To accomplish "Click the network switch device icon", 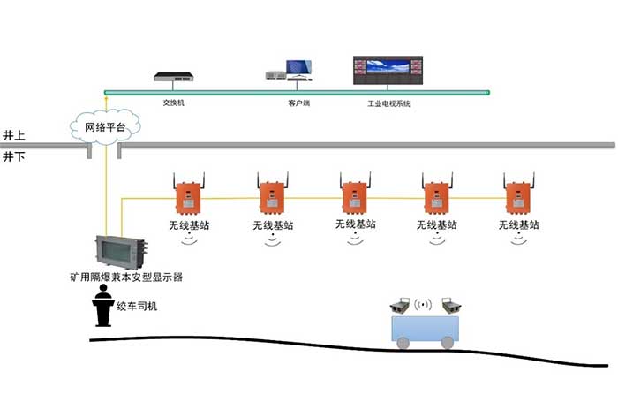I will tap(174, 76).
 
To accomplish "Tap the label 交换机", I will tap(174, 102).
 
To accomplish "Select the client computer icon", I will tap(291, 70).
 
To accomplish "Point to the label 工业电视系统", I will tap(389, 103).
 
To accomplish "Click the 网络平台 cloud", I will tap(105, 127).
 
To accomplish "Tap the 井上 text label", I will tap(14, 135).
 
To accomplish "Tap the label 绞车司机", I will tap(138, 307).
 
